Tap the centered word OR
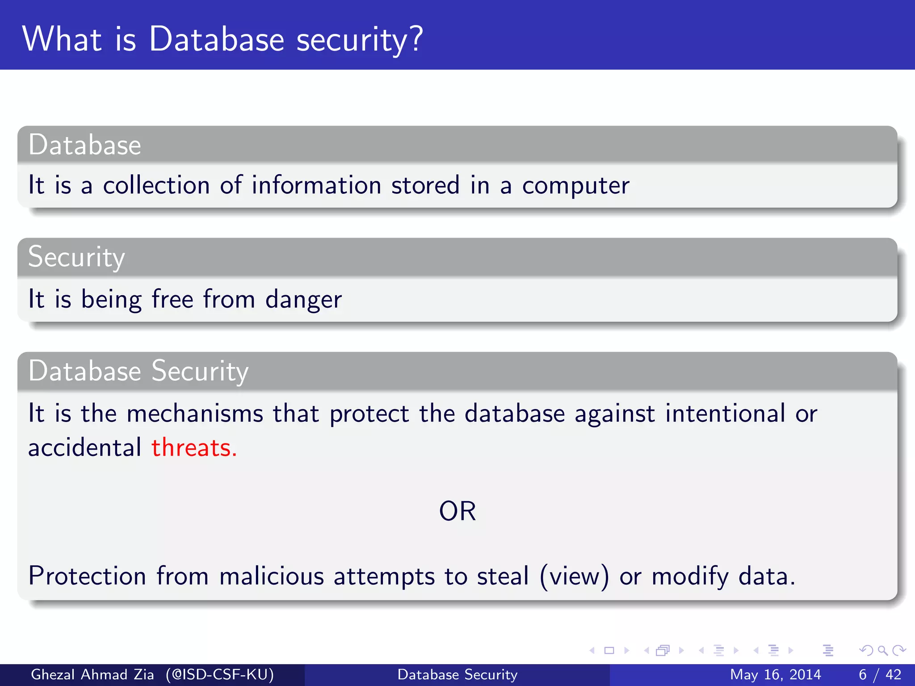(457, 511)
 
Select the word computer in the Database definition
(575, 186)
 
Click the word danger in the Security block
(303, 299)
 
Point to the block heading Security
(76, 257)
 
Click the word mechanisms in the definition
(195, 413)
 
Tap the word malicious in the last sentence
(271, 576)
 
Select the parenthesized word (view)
(574, 576)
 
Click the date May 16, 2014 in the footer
(775, 674)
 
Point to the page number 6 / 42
(880, 674)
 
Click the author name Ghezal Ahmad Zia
(92, 674)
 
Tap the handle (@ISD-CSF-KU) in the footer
(219, 674)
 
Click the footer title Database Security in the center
(457, 674)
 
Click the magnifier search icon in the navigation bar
(882, 650)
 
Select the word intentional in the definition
(725, 413)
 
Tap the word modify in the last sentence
(690, 576)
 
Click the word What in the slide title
(62, 39)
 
